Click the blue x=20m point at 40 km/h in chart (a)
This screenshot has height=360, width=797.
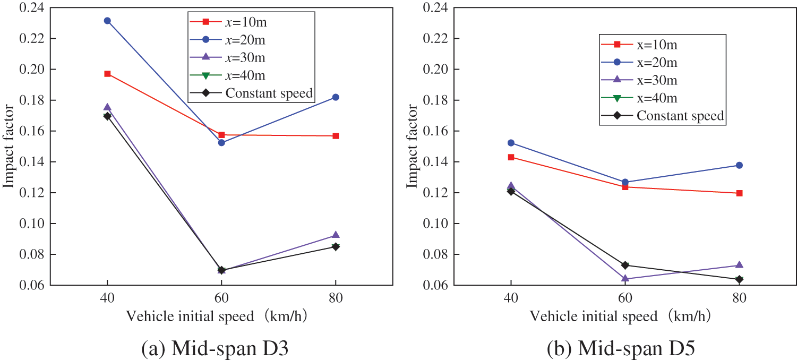click(x=107, y=21)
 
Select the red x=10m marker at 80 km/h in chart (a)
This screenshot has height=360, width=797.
click(x=336, y=136)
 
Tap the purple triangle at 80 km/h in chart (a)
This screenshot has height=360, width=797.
click(x=336, y=235)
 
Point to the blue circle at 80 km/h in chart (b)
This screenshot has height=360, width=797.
click(x=739, y=165)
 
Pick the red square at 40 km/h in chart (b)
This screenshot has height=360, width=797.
click(x=511, y=157)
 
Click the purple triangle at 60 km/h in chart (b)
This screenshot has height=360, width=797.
click(x=625, y=278)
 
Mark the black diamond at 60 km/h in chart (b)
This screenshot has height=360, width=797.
click(x=625, y=265)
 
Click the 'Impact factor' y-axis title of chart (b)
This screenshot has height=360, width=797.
click(x=412, y=147)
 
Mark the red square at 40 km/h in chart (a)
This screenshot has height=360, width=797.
click(x=107, y=74)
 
